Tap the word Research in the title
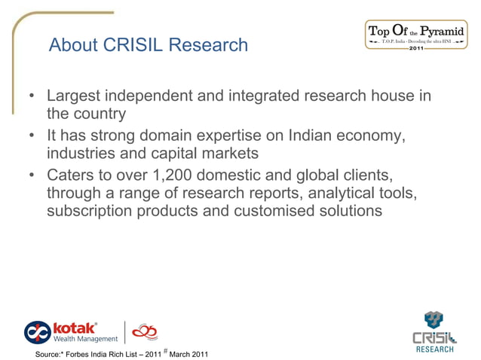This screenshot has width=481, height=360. (x=208, y=45)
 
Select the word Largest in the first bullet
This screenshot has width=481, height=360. (x=75, y=97)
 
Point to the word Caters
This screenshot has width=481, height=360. (x=72, y=175)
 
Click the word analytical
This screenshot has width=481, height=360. (x=336, y=194)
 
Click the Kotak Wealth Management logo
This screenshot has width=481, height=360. (x=72, y=331)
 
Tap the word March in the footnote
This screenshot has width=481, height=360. (x=182, y=354)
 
